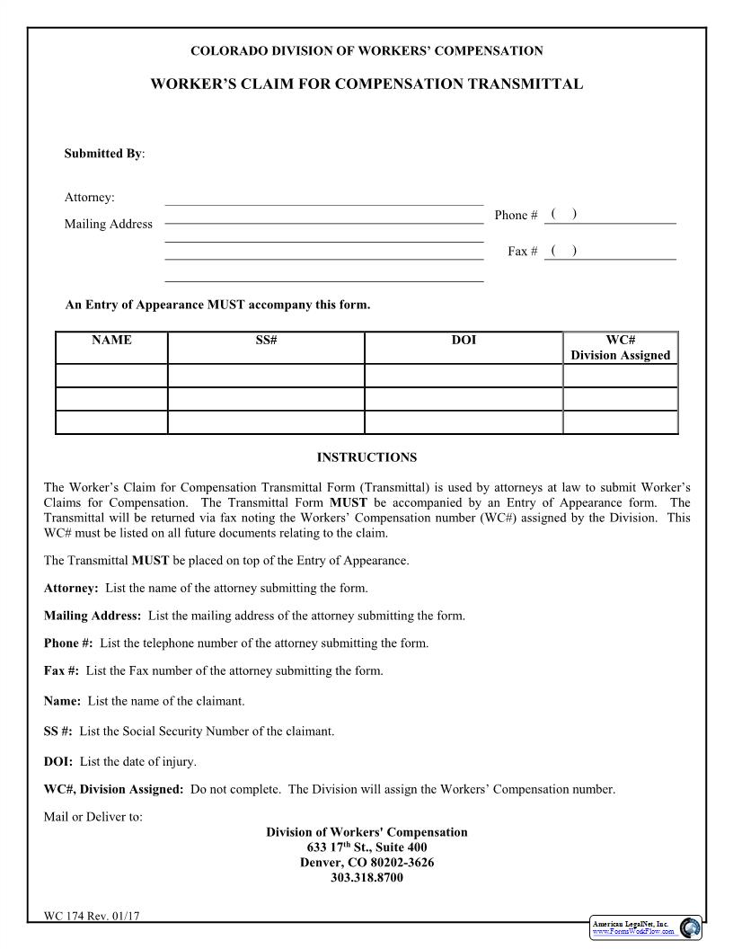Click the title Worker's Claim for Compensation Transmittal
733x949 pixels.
[366, 84]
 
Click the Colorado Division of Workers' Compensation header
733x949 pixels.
[366, 51]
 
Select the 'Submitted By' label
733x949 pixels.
[103, 154]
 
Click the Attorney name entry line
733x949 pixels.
[323, 198]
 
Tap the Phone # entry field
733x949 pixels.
[611, 215]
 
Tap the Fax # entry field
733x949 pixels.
[611, 251]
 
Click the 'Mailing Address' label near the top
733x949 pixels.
[108, 224]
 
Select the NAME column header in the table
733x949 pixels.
[111, 341]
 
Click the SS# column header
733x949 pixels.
[266, 341]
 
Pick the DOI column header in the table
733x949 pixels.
[464, 341]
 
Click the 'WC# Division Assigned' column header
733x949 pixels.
[620, 348]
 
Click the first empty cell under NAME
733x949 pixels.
[111, 376]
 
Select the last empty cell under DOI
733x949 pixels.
[464, 422]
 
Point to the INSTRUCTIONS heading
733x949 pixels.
[366, 457]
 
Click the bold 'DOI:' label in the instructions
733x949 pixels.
[58, 762]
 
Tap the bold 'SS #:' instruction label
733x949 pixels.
[58, 732]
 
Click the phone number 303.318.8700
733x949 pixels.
[366, 878]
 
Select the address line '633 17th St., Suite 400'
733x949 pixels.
[366, 847]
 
